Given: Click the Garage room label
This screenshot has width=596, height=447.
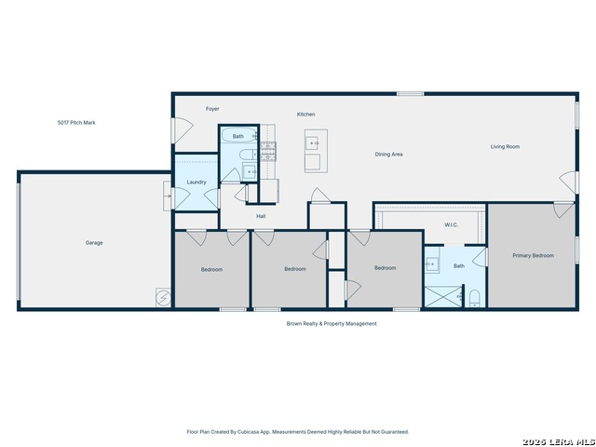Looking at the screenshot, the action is tap(94, 242).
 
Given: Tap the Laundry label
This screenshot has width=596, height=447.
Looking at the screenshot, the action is tap(196, 183).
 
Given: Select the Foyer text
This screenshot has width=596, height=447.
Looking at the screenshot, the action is tap(212, 109).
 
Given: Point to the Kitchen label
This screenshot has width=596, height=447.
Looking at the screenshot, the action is tap(306, 114).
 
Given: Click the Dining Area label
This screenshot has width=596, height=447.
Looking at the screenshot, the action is tap(389, 155).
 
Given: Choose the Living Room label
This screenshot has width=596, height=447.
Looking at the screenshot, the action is tap(505, 146).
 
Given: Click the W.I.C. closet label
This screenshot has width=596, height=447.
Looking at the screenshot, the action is tap(451, 225).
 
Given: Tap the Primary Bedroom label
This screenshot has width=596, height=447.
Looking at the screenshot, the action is tap(533, 255).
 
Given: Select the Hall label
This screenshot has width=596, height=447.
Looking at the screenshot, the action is tap(261, 216).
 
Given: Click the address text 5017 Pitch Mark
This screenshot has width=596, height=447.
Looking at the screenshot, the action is tap(76, 123).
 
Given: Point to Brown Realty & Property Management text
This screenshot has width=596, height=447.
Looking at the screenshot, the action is tap(332, 323).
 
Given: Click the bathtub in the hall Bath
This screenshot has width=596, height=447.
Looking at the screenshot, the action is tap(238, 135).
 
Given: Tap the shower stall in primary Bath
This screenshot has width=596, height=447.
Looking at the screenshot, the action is tap(443, 296).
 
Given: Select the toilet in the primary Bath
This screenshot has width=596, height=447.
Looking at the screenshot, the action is tap(474, 298).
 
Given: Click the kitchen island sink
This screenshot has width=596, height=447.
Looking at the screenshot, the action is tap(313, 143).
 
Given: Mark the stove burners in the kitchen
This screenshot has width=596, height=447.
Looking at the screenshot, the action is tap(268, 151).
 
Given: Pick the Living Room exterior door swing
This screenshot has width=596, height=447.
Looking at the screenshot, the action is tap(569, 182).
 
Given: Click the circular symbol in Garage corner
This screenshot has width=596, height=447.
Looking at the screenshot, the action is tap(164, 298).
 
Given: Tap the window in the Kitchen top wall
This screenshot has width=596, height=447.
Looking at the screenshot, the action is tap(410, 93).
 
